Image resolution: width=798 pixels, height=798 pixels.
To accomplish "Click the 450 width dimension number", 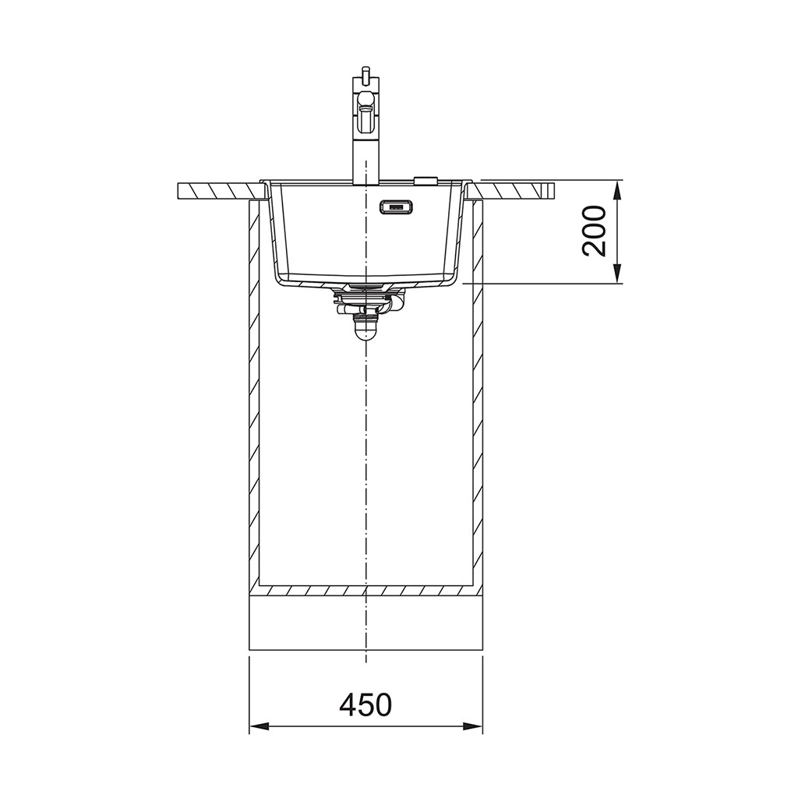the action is [x=365, y=704].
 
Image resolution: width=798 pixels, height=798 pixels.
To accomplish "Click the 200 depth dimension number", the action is [x=595, y=231].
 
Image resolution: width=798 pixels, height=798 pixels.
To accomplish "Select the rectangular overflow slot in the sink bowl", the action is [x=397, y=207].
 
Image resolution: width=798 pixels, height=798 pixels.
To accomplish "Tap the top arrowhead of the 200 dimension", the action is [x=617, y=190].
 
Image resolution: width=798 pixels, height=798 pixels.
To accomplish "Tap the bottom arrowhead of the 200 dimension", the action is [x=617, y=274].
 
